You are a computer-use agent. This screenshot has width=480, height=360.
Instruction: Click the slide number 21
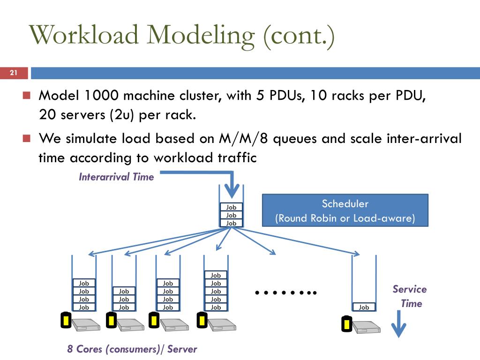(14, 73)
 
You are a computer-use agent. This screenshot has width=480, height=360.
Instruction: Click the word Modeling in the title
(201, 36)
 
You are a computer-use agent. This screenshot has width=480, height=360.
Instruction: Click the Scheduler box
(345, 210)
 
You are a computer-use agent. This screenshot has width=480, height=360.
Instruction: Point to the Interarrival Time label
(116, 177)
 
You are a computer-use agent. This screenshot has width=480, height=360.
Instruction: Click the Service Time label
(410, 296)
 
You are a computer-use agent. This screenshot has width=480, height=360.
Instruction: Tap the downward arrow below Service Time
(398, 324)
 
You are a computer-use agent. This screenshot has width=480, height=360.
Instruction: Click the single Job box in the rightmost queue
(364, 307)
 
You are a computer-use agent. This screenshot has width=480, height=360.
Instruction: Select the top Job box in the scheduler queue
(231, 207)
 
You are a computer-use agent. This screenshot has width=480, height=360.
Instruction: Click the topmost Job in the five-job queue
(216, 275)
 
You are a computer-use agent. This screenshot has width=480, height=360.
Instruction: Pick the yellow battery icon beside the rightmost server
(346, 324)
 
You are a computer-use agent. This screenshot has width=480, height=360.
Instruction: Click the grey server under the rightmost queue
(367, 327)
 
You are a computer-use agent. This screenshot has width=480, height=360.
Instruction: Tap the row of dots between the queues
(285, 292)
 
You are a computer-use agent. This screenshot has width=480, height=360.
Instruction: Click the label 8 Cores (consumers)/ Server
(132, 349)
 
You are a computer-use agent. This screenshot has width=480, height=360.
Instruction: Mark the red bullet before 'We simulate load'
(27, 139)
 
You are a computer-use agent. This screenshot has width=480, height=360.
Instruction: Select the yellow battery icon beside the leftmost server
(66, 320)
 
